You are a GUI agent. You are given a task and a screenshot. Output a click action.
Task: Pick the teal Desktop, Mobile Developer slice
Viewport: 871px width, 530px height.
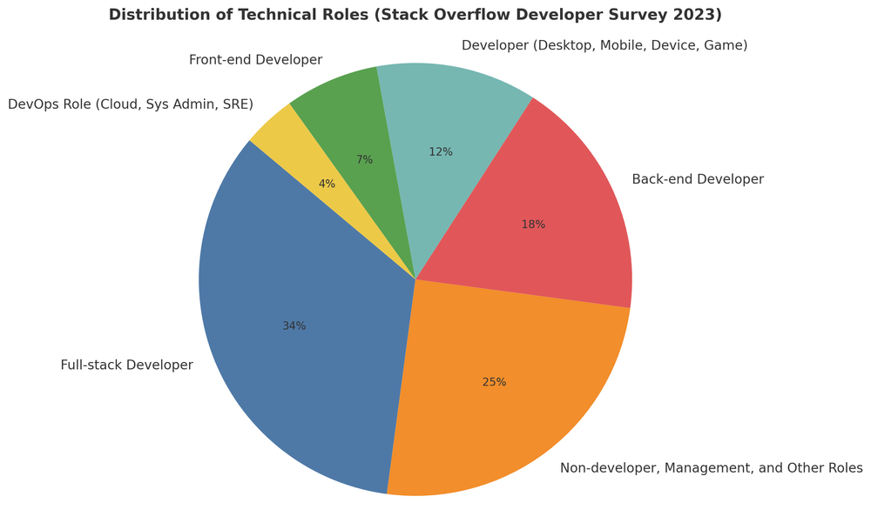[x=453, y=122]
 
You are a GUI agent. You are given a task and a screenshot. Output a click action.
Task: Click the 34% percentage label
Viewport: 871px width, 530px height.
[x=294, y=326]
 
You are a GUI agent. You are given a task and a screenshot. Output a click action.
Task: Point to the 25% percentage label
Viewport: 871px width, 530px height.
[x=494, y=382]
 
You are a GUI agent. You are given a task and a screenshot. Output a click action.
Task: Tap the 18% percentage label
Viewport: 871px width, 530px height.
[x=533, y=225]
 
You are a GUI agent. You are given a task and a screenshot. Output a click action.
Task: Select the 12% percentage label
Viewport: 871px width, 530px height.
[x=441, y=152]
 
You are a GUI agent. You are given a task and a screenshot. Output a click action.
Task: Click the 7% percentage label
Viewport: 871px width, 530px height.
[x=364, y=160]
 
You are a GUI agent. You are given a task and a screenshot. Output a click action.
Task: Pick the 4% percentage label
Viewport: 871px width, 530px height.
[x=327, y=184]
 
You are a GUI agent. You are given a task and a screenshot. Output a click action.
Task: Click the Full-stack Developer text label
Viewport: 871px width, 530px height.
[x=126, y=366]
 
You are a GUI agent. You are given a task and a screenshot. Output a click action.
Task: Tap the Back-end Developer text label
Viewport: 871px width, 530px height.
[x=698, y=179]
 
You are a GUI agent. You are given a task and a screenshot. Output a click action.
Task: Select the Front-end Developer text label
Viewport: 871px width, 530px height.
[x=255, y=60]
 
